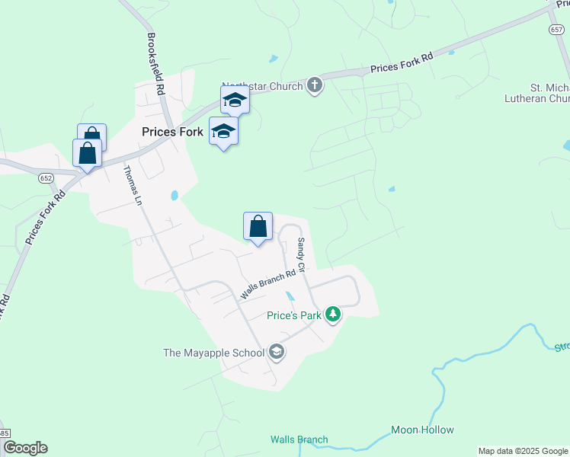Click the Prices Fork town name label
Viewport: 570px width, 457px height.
tap(172, 132)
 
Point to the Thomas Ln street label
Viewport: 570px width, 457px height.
tap(133, 187)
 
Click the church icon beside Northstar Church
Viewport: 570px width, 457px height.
tap(315, 85)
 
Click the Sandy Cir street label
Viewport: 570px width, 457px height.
tap(301, 255)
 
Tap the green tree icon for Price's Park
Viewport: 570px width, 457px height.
tap(332, 314)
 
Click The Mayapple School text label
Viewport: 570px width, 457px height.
tap(214, 353)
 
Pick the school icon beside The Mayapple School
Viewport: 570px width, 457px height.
tap(276, 352)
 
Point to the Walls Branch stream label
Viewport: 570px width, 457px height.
tap(299, 439)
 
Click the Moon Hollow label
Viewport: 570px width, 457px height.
tap(422, 430)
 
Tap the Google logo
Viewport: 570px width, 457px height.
tap(25, 448)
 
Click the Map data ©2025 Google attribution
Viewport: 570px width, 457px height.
tap(523, 451)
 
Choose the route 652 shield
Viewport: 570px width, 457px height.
tap(46, 177)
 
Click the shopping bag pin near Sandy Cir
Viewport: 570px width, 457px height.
tap(258, 227)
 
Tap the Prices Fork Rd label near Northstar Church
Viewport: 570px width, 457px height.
tap(402, 62)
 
